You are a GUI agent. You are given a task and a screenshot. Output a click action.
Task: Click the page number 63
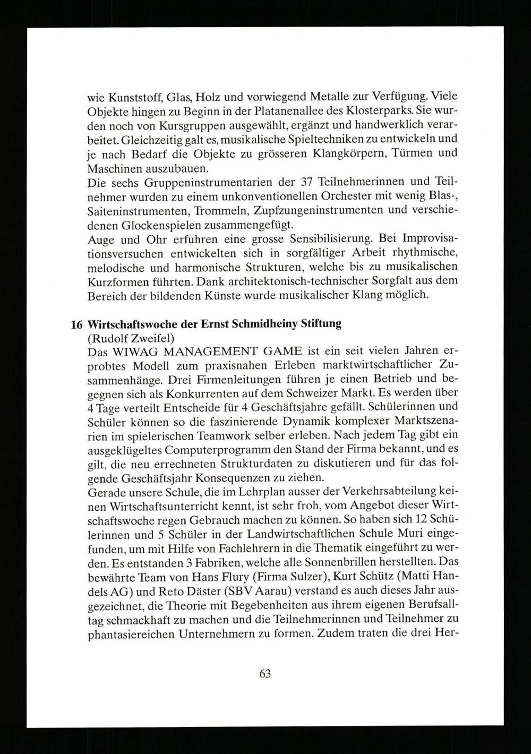tap(265, 674)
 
